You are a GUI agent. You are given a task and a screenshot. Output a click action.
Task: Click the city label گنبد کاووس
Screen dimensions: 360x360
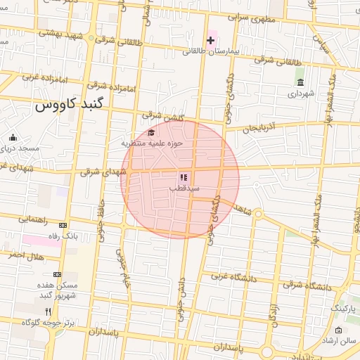(x=68, y=105)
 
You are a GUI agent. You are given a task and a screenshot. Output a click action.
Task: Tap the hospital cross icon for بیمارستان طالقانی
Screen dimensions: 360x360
(x=210, y=39)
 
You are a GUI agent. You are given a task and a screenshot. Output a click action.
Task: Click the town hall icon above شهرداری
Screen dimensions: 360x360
(x=300, y=82)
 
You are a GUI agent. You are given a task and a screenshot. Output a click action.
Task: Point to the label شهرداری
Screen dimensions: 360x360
(x=300, y=93)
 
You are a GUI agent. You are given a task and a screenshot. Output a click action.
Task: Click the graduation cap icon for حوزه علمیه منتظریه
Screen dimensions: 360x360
(x=151, y=132)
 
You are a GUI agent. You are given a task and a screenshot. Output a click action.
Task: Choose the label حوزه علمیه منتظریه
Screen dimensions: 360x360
(x=153, y=143)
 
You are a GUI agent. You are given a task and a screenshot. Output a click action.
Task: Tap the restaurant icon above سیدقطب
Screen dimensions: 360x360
(x=183, y=178)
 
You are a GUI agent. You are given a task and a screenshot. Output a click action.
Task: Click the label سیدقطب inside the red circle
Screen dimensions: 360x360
(x=184, y=188)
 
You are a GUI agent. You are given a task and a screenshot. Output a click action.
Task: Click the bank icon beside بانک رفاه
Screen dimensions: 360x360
(x=63, y=225)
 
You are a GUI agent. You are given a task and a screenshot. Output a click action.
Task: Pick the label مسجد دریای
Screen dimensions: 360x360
(x=15, y=148)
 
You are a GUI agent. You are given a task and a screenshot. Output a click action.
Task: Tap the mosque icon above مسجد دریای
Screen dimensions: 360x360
(x=12, y=137)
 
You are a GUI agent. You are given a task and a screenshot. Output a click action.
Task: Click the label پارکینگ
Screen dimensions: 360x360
(x=343, y=309)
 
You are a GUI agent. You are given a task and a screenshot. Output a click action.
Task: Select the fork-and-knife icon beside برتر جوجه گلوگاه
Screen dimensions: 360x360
(x=48, y=311)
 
